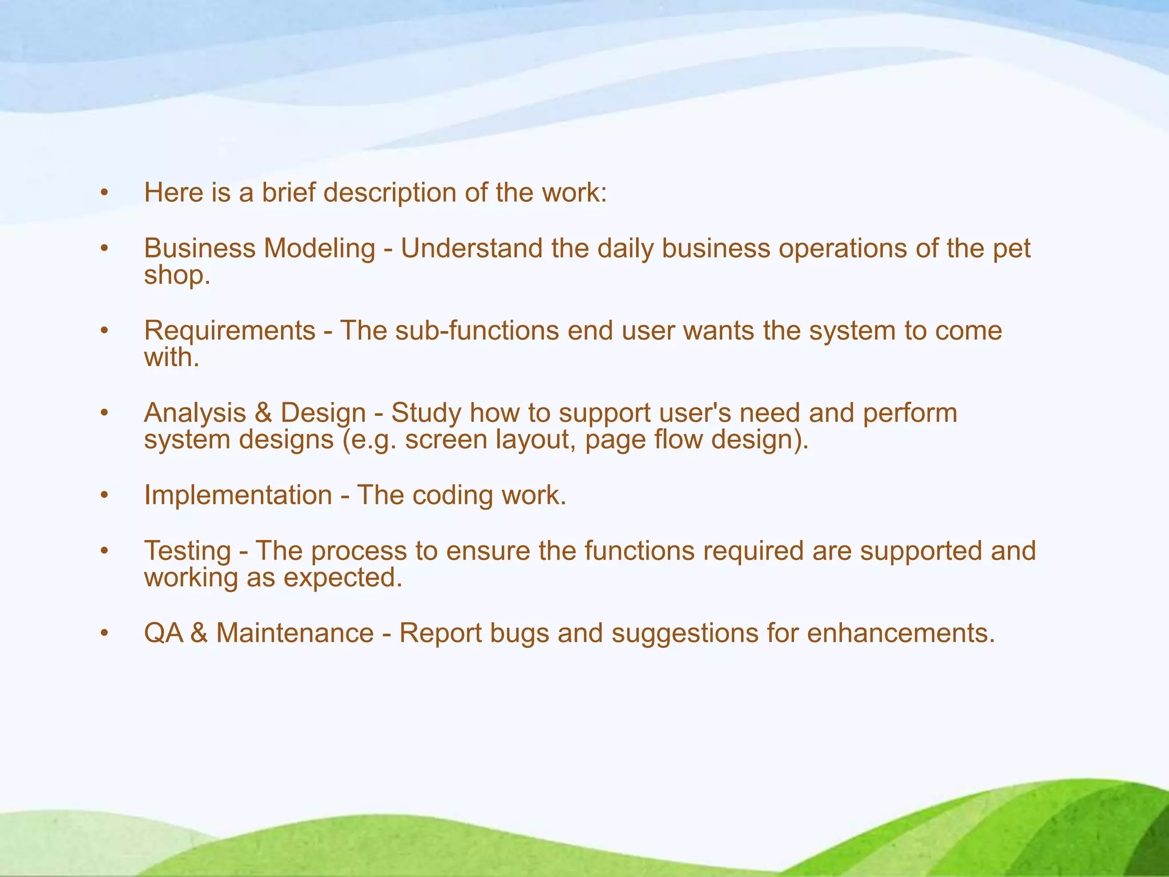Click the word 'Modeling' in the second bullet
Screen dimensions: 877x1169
pos(319,248)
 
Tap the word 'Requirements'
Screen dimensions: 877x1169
pos(229,331)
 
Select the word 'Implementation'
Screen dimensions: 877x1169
pos(238,495)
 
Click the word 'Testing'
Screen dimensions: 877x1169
pos(187,551)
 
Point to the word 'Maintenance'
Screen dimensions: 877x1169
pos(295,633)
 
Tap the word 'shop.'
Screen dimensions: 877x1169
pos(177,275)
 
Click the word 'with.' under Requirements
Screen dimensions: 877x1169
pos(171,357)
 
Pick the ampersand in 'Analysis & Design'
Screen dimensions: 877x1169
pos(263,413)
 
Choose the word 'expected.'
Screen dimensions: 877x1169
pos(342,578)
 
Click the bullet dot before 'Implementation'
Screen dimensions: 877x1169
pos(103,496)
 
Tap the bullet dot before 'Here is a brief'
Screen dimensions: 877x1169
pos(103,193)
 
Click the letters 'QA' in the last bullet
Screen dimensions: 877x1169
pos(163,633)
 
